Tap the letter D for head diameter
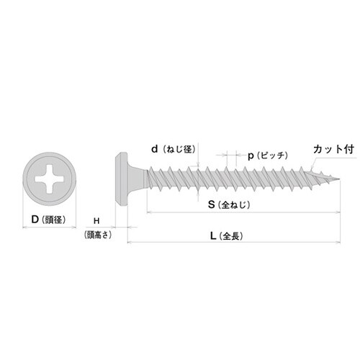coord(33,220)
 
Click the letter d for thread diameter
coord(154,149)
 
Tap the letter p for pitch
coord(251,155)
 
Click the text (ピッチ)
coord(273,155)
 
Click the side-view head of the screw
coord(122,177)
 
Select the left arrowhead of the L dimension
coord(130,243)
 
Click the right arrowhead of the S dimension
coord(336,212)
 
